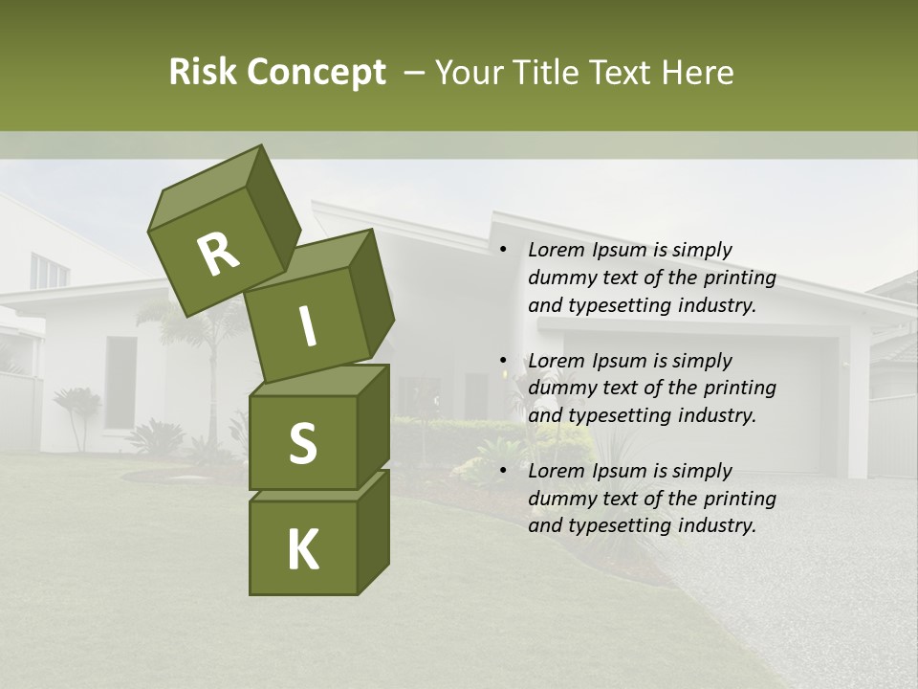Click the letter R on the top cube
pyautogui.click(x=218, y=256)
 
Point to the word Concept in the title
pyautogui.click(x=316, y=73)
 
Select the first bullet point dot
pyautogui.click(x=503, y=250)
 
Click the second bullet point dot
pyautogui.click(x=503, y=361)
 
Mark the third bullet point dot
pyautogui.click(x=503, y=471)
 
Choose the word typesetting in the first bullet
pyautogui.click(x=618, y=305)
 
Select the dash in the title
pyautogui.click(x=415, y=73)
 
